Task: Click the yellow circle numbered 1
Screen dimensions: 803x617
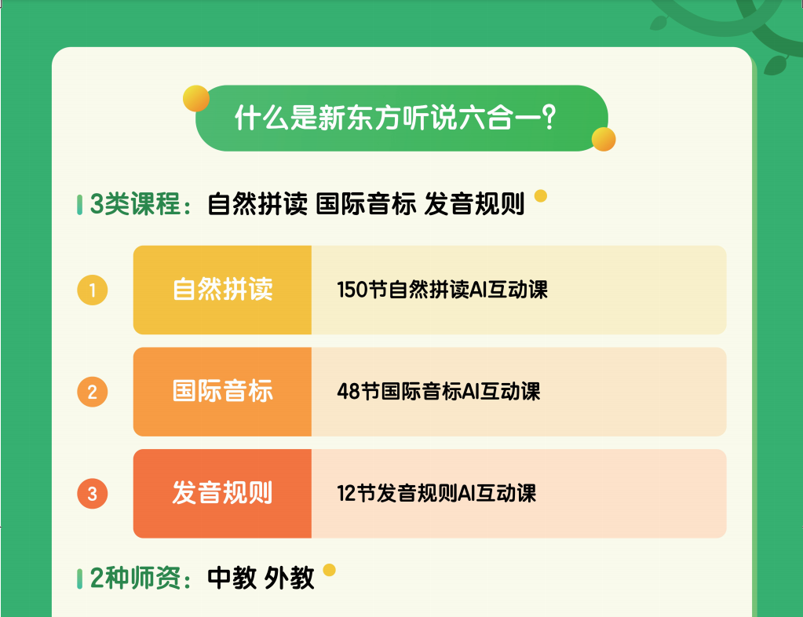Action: coord(92,290)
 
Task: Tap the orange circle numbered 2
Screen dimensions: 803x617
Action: coord(92,392)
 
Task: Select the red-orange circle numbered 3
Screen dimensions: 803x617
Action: coord(92,494)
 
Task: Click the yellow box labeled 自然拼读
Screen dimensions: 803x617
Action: coord(222,290)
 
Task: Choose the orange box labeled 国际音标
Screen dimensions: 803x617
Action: coord(222,392)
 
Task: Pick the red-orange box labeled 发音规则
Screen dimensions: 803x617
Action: coord(222,494)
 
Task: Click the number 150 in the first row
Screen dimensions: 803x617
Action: coord(352,290)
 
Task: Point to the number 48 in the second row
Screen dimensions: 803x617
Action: coord(349,392)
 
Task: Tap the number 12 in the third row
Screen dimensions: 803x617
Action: coord(345,494)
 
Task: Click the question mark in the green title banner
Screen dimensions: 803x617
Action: coord(549,117)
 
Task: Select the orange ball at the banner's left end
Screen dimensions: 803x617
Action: coord(196,98)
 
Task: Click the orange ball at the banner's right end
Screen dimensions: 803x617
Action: coord(604,139)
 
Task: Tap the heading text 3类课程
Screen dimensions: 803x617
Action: coord(135,204)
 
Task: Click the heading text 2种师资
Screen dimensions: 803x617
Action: coord(135,578)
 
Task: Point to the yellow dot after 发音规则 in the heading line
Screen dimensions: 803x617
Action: coord(541,196)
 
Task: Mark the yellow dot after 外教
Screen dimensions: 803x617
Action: coord(330,570)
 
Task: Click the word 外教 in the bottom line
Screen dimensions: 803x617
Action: coord(290,578)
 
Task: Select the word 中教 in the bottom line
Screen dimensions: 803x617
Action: coord(232,578)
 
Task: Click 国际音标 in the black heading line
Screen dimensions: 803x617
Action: coord(366,204)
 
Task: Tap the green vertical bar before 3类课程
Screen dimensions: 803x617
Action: coord(79,205)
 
